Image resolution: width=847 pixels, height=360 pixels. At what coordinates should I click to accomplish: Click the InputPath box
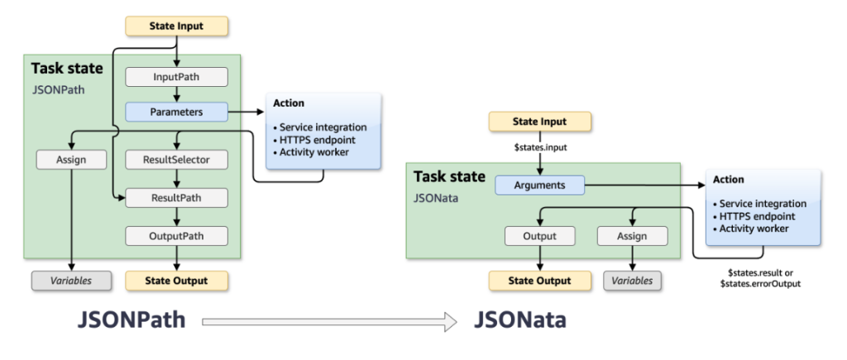(176, 77)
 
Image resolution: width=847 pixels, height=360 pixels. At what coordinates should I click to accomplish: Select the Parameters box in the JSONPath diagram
(176, 109)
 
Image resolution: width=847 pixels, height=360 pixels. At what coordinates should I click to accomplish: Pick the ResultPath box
(176, 197)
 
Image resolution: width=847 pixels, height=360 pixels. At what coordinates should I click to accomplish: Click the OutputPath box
(176, 236)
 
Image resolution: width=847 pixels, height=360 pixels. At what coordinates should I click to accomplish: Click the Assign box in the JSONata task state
(632, 236)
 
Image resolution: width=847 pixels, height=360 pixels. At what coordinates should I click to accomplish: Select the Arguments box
(539, 185)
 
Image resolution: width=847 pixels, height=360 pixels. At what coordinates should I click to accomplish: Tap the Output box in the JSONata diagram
(539, 236)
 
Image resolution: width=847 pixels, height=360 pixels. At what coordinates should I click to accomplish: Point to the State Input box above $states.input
(539, 122)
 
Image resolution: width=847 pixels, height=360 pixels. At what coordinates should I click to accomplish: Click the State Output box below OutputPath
(176, 281)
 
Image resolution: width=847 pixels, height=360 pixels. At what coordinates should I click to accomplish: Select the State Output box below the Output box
(539, 281)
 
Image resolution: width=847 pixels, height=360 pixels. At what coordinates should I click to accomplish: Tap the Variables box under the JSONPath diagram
(72, 281)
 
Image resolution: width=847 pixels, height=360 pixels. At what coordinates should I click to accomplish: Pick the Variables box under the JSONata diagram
(632, 281)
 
